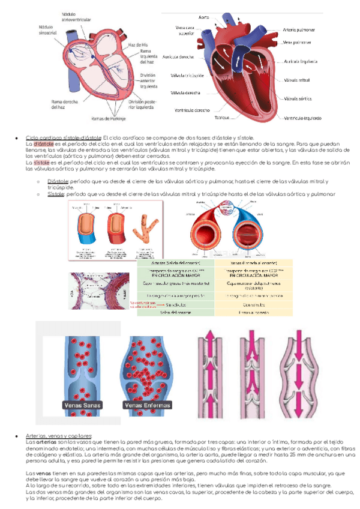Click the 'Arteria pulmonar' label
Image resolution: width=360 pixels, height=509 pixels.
(299, 29)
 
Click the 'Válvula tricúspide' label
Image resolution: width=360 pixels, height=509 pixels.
(187, 76)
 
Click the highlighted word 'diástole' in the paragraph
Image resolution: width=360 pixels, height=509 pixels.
(44, 144)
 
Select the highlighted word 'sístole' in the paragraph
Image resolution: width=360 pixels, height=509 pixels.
(41, 162)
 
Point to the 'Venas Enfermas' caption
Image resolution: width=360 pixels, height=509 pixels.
(147, 405)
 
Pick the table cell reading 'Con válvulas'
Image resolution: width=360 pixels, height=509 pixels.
(252, 304)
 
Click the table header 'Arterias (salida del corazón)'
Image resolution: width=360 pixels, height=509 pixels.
(177, 262)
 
